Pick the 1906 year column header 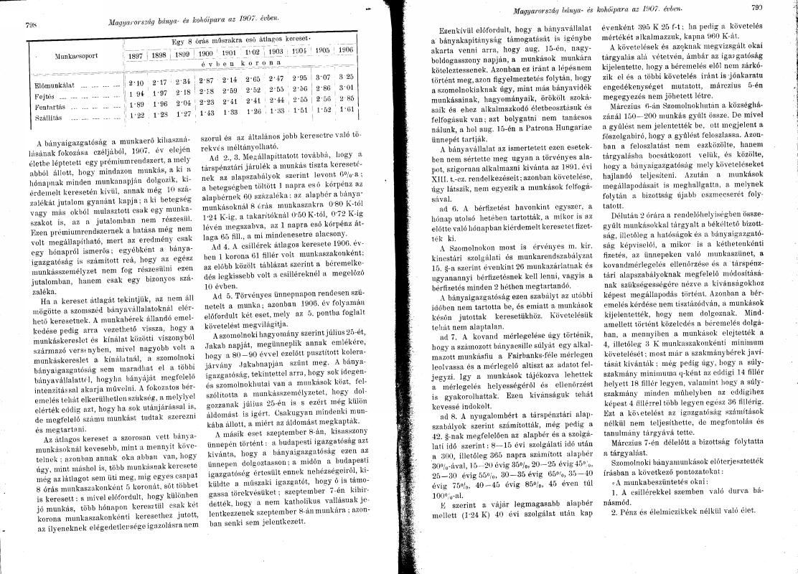click(345, 51)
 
